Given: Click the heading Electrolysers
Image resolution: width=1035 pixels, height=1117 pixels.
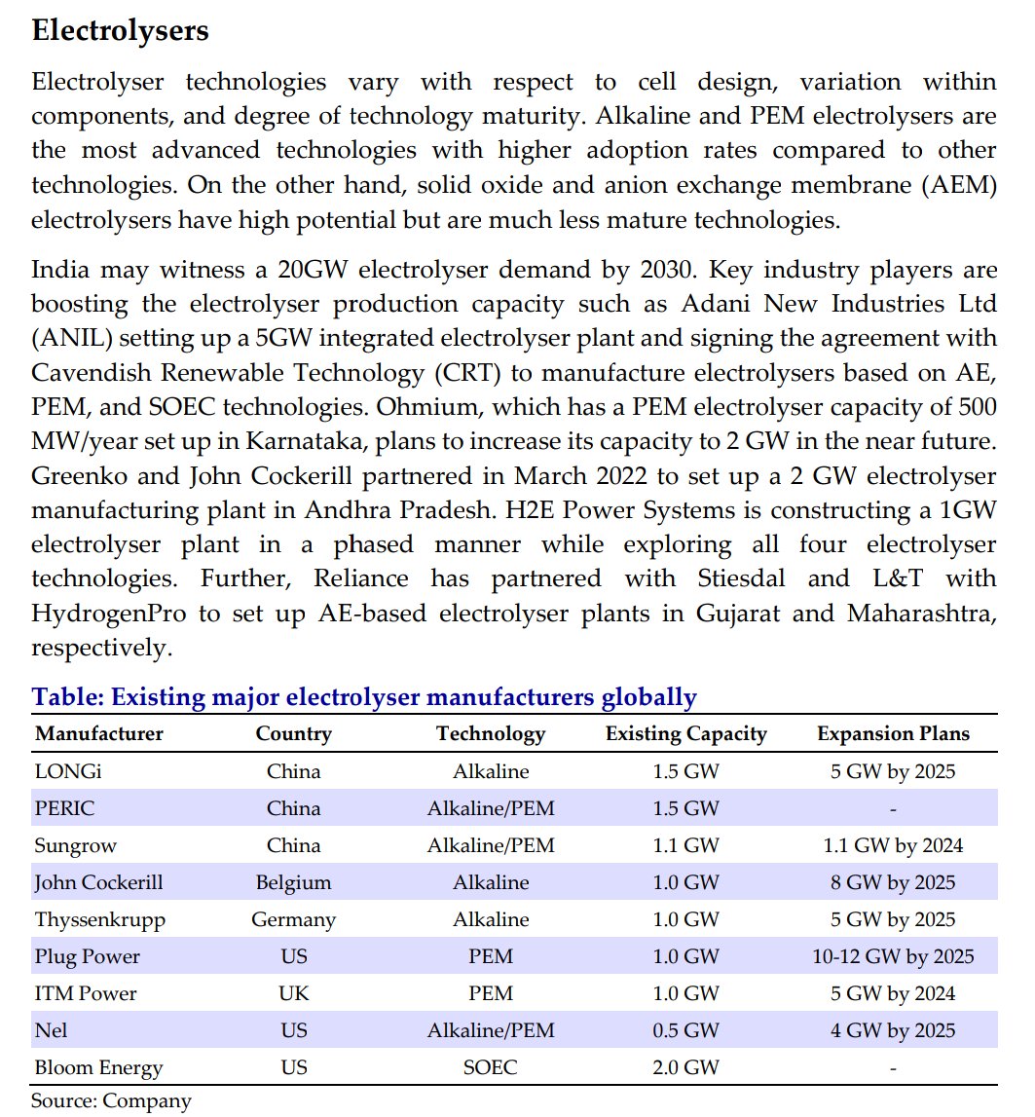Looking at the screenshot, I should pyautogui.click(x=120, y=30).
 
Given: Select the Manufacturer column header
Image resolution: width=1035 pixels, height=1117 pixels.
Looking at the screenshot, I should pyautogui.click(x=98, y=733).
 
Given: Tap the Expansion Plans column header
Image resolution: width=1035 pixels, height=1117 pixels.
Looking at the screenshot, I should pyautogui.click(x=893, y=733).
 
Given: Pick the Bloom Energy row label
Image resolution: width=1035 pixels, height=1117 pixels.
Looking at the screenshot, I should pyautogui.click(x=98, y=1067).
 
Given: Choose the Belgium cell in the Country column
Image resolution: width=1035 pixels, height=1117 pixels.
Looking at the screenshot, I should pyautogui.click(x=293, y=882).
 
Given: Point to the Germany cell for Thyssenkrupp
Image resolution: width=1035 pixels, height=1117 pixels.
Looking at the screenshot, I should pyautogui.click(x=293, y=919).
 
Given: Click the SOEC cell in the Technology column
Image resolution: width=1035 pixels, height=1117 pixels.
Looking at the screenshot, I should pyautogui.click(x=491, y=1067).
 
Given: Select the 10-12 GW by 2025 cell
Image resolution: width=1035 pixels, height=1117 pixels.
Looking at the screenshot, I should pyautogui.click(x=893, y=956).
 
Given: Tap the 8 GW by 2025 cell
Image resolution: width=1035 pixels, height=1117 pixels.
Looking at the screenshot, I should pyautogui.click(x=893, y=882).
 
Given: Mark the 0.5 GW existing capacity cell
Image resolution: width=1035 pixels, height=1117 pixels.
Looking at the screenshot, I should pyautogui.click(x=685, y=1030).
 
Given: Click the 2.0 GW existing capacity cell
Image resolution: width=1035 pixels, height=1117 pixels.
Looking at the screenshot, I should pyautogui.click(x=685, y=1067).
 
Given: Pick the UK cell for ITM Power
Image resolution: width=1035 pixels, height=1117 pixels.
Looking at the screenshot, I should pyautogui.click(x=293, y=993).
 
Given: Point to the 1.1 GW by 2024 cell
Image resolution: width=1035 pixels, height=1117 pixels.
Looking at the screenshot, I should pyautogui.click(x=893, y=845).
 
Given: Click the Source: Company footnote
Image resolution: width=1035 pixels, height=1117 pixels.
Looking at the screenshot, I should pyautogui.click(x=111, y=1100).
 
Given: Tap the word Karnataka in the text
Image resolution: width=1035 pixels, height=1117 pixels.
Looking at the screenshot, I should pyautogui.click(x=318, y=441).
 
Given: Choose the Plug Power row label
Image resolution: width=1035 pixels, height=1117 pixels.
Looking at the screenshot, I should pyautogui.click(x=87, y=956).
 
